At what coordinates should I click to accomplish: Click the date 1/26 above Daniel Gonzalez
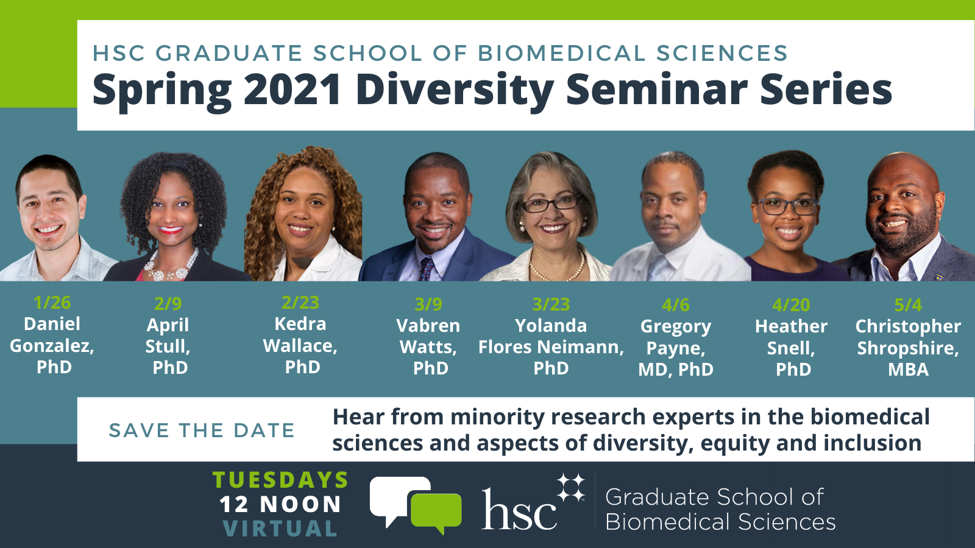pyautogui.click(x=52, y=303)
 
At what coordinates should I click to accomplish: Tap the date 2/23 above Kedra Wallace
pyautogui.click(x=300, y=303)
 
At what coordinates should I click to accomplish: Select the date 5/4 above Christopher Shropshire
pyautogui.click(x=908, y=304)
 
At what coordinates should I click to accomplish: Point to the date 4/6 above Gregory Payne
pyautogui.click(x=675, y=304)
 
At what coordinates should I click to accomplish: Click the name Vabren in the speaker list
pyautogui.click(x=428, y=326)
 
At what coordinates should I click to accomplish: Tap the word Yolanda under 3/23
pyautogui.click(x=551, y=326)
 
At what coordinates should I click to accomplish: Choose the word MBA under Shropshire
pyautogui.click(x=908, y=370)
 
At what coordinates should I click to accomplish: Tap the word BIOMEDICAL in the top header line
pyautogui.click(x=561, y=54)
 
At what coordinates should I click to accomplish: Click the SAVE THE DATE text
pyautogui.click(x=202, y=430)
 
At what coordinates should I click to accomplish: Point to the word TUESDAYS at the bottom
pyautogui.click(x=280, y=480)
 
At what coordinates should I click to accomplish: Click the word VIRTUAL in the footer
pyautogui.click(x=280, y=529)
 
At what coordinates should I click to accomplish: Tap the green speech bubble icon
pyautogui.click(x=436, y=510)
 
